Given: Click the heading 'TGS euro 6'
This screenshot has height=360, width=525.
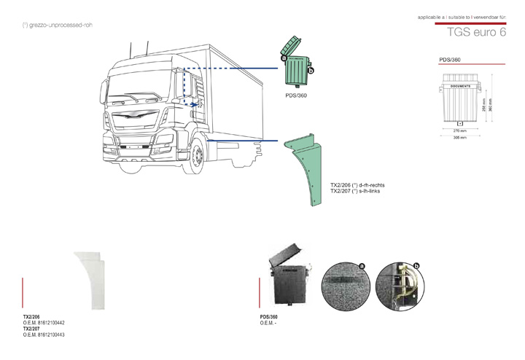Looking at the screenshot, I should coord(477,34).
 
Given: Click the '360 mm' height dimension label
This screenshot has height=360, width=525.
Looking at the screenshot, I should coord(491,106).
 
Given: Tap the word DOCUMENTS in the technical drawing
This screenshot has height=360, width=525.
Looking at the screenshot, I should coord(460,86).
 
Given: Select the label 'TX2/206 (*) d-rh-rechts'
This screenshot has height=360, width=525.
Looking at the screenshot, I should coord(358,185).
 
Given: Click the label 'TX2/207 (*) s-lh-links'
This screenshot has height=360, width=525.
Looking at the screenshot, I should coord(356,191).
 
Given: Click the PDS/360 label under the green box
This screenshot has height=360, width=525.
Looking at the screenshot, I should coord(296,95).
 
